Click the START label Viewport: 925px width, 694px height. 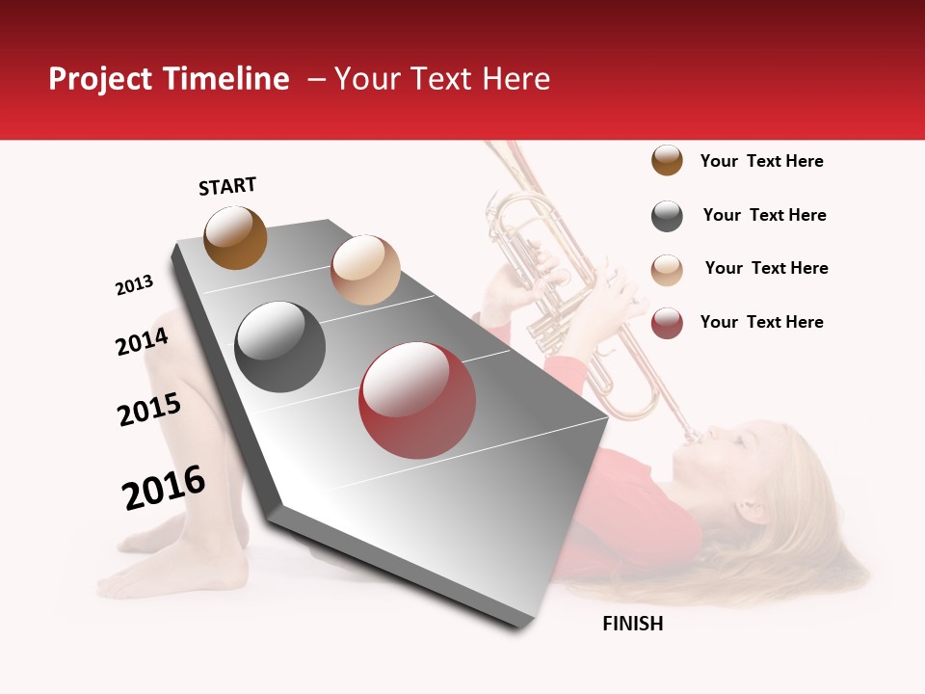click(227, 186)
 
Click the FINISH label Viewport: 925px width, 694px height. click(632, 624)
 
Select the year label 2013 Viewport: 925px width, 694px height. click(134, 285)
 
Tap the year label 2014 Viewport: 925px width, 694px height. click(142, 341)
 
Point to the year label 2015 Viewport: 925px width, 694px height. click(148, 410)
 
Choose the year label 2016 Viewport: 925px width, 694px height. click(164, 488)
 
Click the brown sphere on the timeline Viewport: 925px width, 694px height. click(235, 237)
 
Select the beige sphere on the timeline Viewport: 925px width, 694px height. click(365, 270)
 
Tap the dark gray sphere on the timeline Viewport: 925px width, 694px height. click(280, 347)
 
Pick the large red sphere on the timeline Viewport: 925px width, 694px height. click(417, 400)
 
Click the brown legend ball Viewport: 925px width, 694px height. click(667, 160)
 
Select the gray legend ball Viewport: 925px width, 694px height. click(667, 216)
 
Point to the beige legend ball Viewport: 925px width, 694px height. click(667, 270)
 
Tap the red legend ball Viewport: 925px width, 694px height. click(667, 323)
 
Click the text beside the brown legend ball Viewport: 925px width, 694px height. click(761, 161)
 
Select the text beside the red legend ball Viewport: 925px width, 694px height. click(761, 322)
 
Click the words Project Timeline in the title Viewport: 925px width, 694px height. click(169, 79)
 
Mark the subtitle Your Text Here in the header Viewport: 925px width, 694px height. click(442, 79)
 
